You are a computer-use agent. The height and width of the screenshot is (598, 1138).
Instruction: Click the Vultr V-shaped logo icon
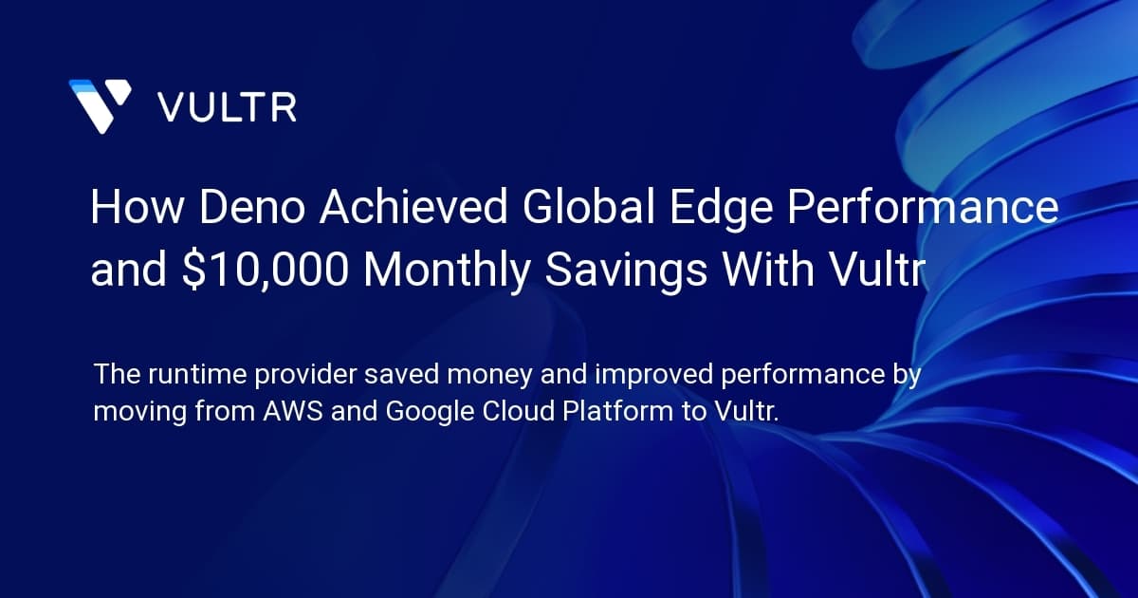100,105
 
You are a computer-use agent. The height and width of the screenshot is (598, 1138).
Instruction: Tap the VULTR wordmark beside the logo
227,106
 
